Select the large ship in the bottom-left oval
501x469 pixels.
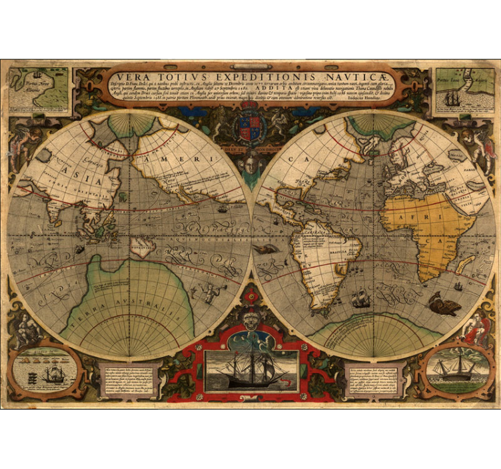point(53,375)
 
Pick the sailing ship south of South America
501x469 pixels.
point(360,298)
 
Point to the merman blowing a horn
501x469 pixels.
point(208,291)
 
